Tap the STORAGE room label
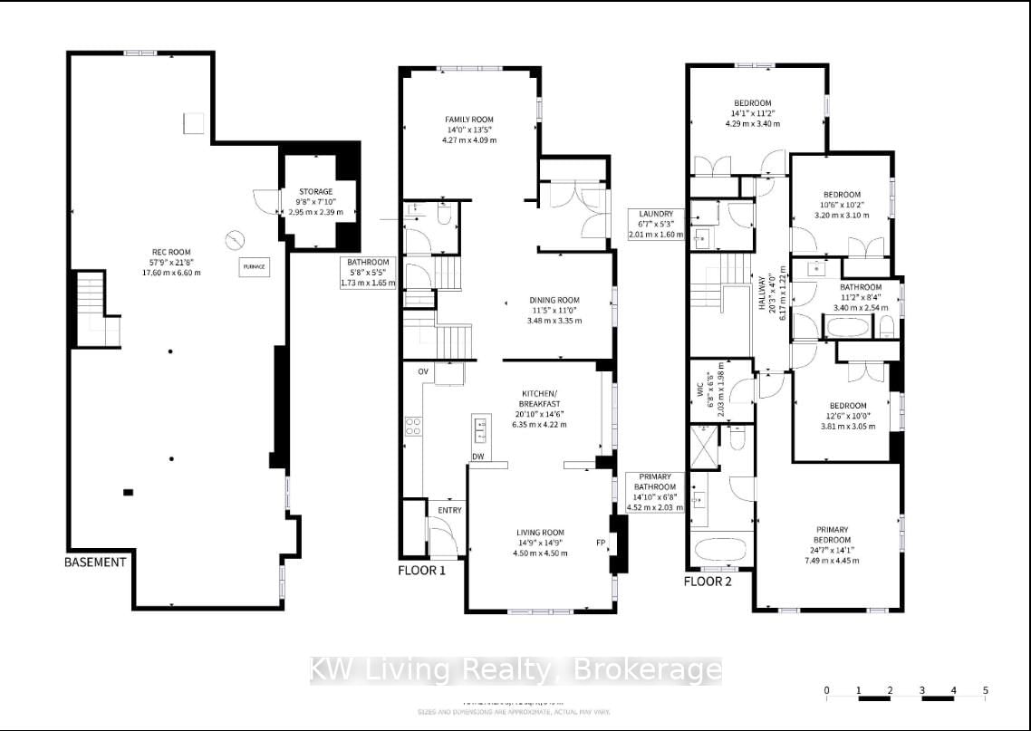click(316, 191)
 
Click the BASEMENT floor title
click(95, 562)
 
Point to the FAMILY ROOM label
click(468, 120)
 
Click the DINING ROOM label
click(554, 300)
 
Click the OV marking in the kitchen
click(422, 372)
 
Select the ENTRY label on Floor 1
click(449, 510)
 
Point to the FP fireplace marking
click(600, 543)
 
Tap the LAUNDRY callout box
click(654, 223)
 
